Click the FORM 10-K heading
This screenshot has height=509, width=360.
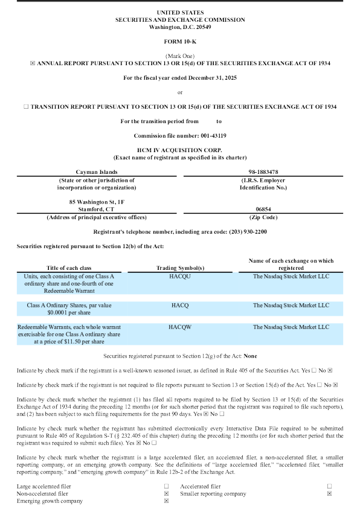(179, 40)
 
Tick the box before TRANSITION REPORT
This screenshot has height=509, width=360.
(25, 106)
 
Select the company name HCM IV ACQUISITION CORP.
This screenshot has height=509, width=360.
(179, 149)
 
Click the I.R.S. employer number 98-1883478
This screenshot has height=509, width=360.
(263, 172)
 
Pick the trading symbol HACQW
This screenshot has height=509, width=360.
(179, 327)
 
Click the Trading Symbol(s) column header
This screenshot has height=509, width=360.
(179, 267)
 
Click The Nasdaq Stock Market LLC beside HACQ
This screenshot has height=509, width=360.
(291, 306)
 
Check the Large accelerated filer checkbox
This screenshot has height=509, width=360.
(166, 486)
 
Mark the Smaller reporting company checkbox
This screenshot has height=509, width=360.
(330, 494)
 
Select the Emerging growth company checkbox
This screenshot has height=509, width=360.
(166, 501)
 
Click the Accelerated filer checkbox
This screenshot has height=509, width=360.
(330, 486)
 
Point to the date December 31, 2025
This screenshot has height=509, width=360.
(205, 77)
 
